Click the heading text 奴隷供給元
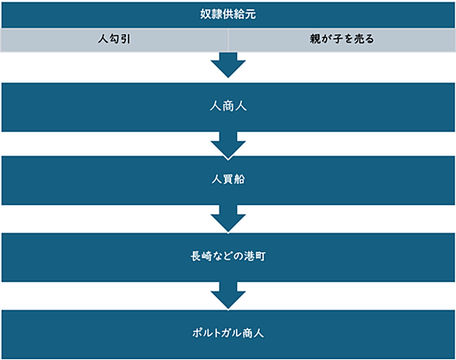pos(228,14)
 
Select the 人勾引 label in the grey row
pos(114,39)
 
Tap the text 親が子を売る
pos(342,39)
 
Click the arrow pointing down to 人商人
pos(228,65)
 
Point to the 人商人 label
pos(228,106)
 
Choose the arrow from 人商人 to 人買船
pos(228,145)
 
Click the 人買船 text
pos(228,180)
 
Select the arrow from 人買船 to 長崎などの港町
pos(228,218)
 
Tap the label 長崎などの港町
pos(228,257)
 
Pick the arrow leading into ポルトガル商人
pos(228,295)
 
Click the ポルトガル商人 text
pos(228,333)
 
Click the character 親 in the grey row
pos(315,39)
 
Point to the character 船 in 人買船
pos(240,180)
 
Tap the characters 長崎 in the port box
pos(202,257)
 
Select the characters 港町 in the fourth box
pos(254,257)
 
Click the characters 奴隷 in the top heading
pos(211,14)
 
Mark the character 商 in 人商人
pos(228,106)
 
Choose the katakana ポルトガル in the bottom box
pos(216,333)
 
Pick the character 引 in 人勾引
pos(125,39)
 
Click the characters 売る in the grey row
pos(363,39)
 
